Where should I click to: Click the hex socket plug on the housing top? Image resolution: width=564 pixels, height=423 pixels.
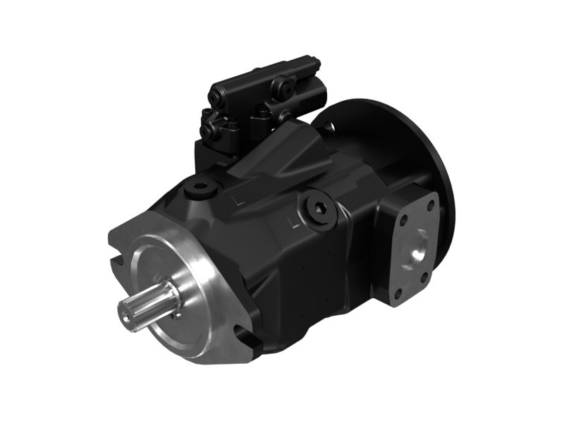coord(200,190)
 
